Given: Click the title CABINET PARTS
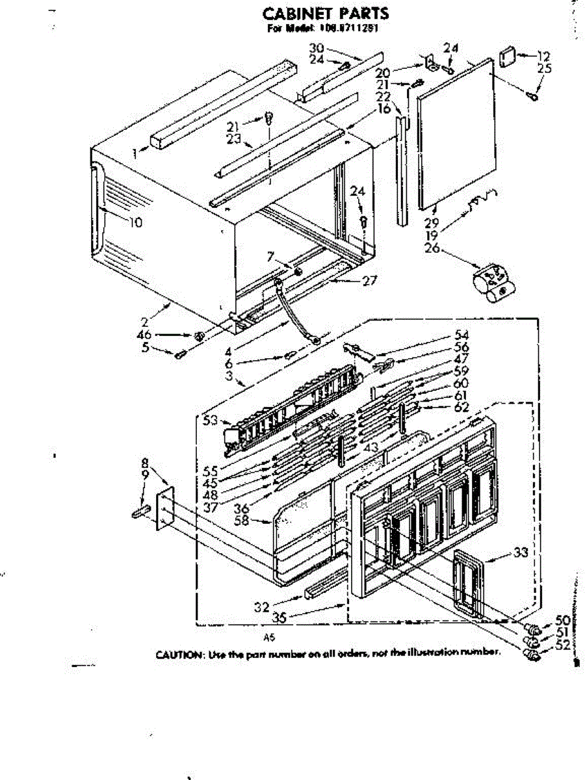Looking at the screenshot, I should pyautogui.click(x=326, y=13).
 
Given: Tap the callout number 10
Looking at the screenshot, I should pyautogui.click(x=135, y=222).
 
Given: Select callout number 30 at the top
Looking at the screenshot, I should pyautogui.click(x=317, y=47).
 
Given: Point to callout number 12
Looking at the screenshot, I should pyautogui.click(x=543, y=57).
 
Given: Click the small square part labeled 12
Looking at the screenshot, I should pyautogui.click(x=508, y=55).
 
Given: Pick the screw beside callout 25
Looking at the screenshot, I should pyautogui.click(x=532, y=95).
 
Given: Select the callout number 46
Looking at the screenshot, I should pyautogui.click(x=144, y=335).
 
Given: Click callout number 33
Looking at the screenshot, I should pyautogui.click(x=520, y=553).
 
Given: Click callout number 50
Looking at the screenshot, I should pyautogui.click(x=561, y=620).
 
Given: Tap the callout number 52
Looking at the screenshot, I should pyautogui.click(x=561, y=646).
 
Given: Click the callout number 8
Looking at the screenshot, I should pyautogui.click(x=144, y=463).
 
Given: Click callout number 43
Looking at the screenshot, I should pyautogui.click(x=371, y=448).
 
